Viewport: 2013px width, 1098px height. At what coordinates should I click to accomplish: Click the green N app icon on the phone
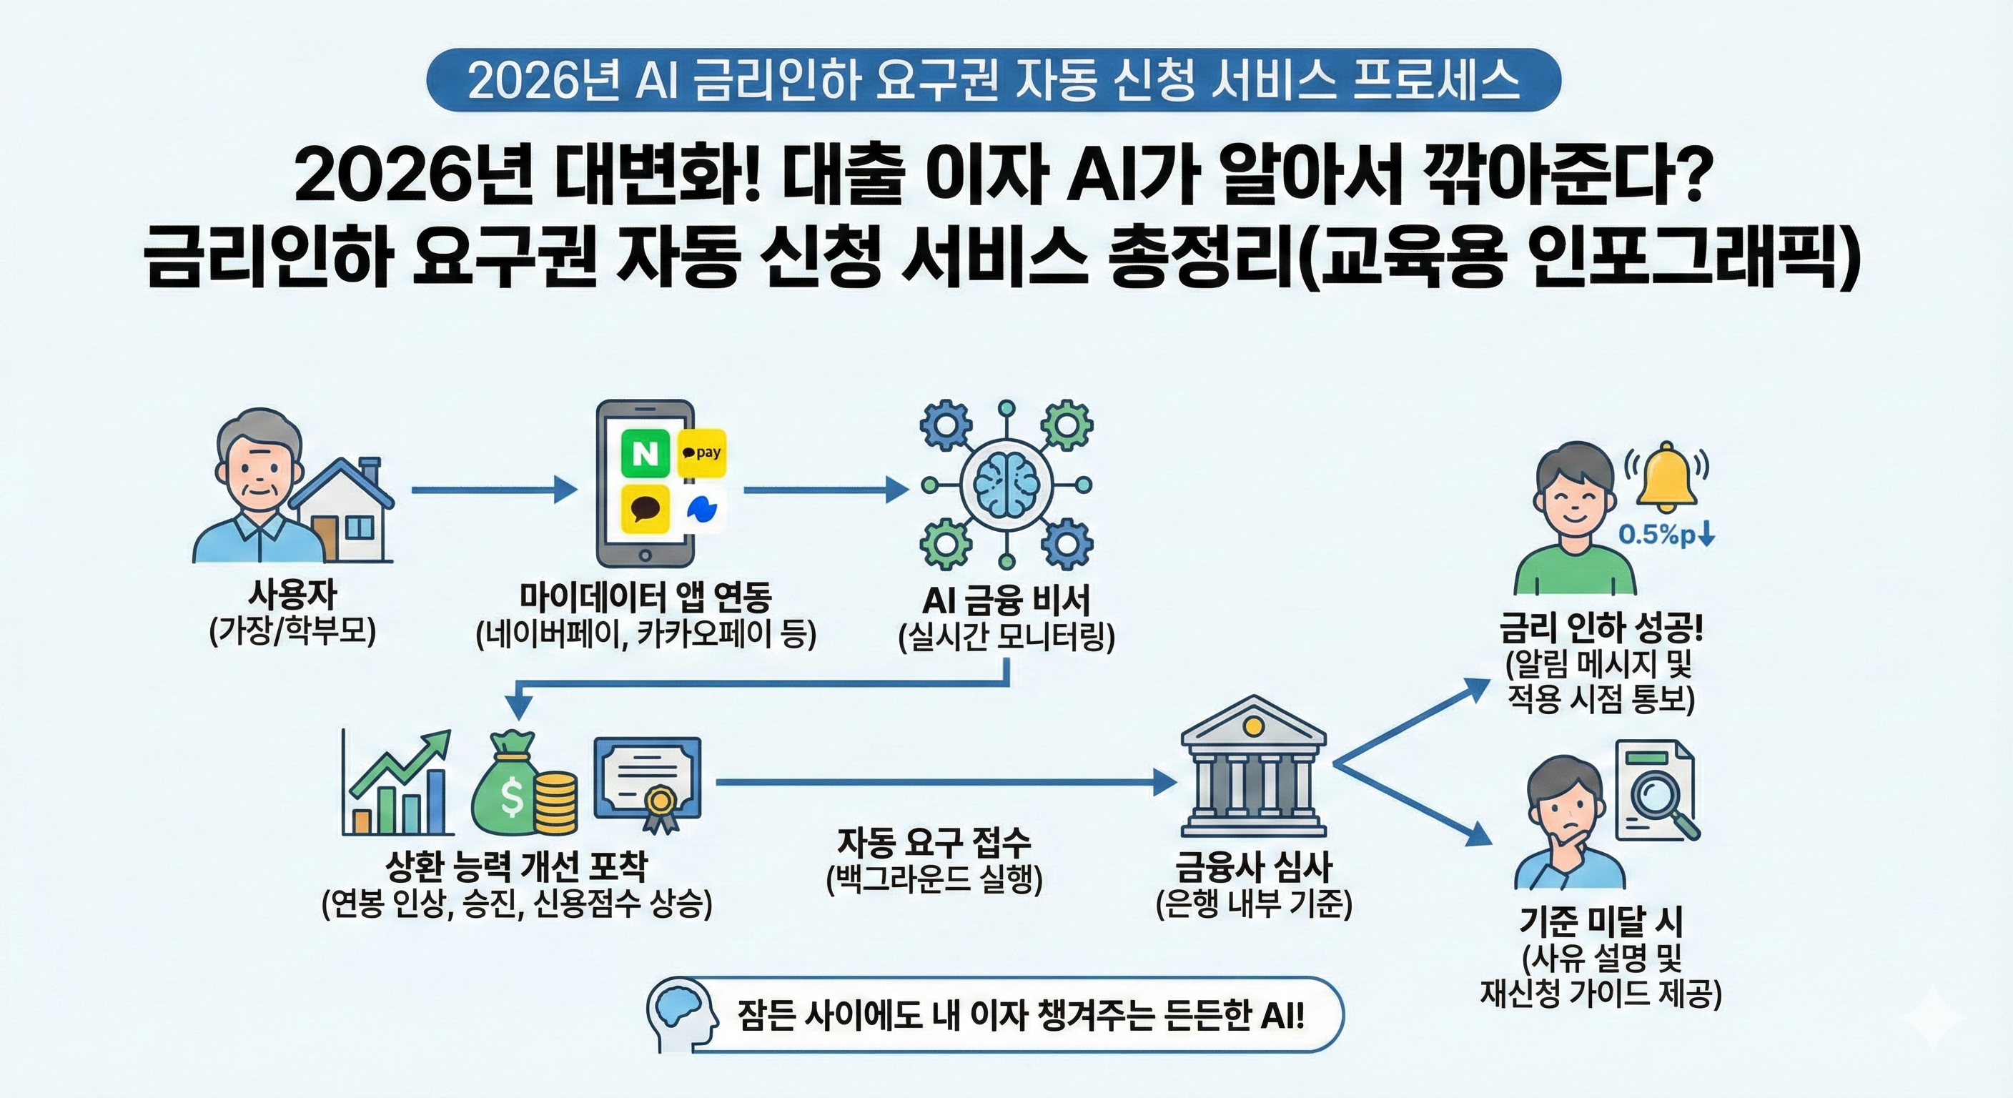tap(646, 453)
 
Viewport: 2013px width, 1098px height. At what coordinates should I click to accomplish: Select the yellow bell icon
tap(1666, 475)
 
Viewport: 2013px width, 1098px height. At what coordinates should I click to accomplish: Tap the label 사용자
tap(292, 594)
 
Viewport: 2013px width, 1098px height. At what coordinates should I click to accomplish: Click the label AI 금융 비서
tap(1006, 600)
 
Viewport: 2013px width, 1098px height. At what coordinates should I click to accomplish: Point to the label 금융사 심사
tap(1253, 866)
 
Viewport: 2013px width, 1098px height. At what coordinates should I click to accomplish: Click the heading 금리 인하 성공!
tap(1601, 628)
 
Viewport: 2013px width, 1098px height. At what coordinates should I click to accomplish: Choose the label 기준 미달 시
tap(1601, 922)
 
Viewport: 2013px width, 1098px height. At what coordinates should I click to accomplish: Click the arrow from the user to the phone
tap(494, 490)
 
